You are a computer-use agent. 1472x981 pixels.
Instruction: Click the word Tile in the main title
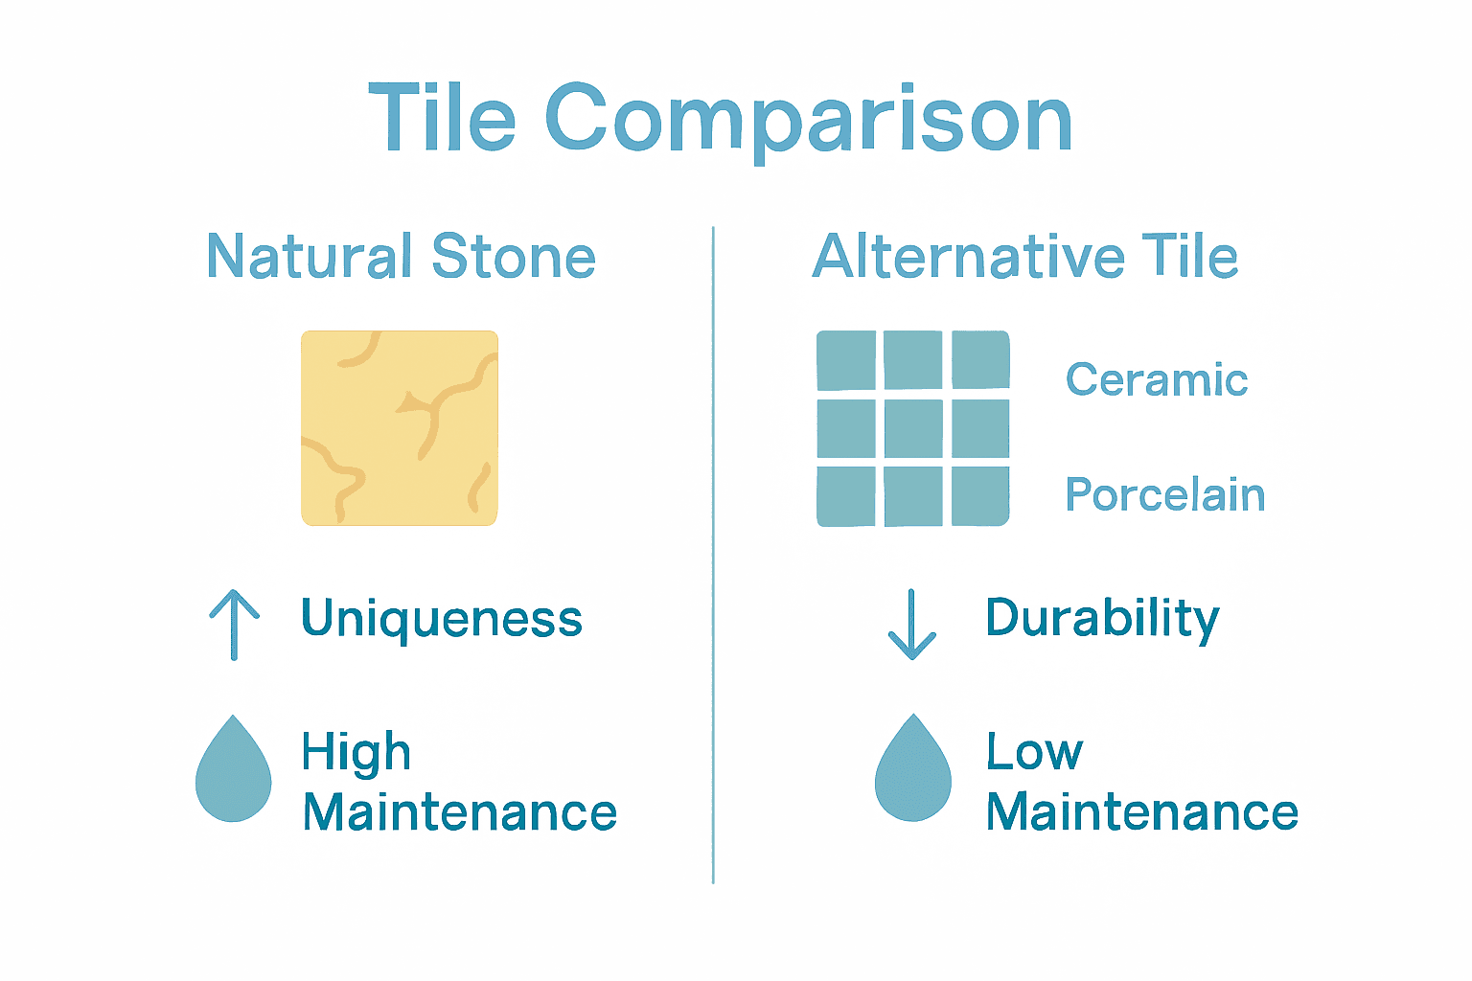click(442, 119)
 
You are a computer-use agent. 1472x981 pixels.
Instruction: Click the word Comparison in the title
click(808, 121)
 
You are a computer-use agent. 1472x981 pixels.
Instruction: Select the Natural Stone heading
click(401, 257)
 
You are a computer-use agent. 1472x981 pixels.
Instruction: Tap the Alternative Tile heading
click(1024, 257)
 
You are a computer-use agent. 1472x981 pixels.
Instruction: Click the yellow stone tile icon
click(400, 428)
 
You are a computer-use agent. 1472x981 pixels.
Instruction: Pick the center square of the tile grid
click(913, 428)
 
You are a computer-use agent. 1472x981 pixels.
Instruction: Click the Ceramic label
click(1157, 379)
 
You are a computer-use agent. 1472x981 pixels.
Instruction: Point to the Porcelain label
click(1165, 495)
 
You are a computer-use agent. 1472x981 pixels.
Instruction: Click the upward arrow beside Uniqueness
click(235, 624)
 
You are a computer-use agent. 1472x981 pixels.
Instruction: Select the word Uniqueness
click(442, 619)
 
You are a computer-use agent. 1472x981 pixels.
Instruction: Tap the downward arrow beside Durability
click(912, 624)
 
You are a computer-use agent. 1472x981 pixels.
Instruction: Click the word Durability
click(1102, 619)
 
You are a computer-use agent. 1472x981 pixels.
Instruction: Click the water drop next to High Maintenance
click(234, 771)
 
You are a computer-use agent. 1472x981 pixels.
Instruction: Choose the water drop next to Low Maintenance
click(913, 771)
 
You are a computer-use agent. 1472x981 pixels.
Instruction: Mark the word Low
click(1035, 751)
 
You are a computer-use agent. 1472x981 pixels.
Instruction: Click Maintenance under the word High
click(460, 812)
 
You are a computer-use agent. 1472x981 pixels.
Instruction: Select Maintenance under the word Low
click(1142, 812)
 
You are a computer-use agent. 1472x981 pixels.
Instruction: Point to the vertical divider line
click(713, 556)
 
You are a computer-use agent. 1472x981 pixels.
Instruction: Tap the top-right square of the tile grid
click(980, 359)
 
